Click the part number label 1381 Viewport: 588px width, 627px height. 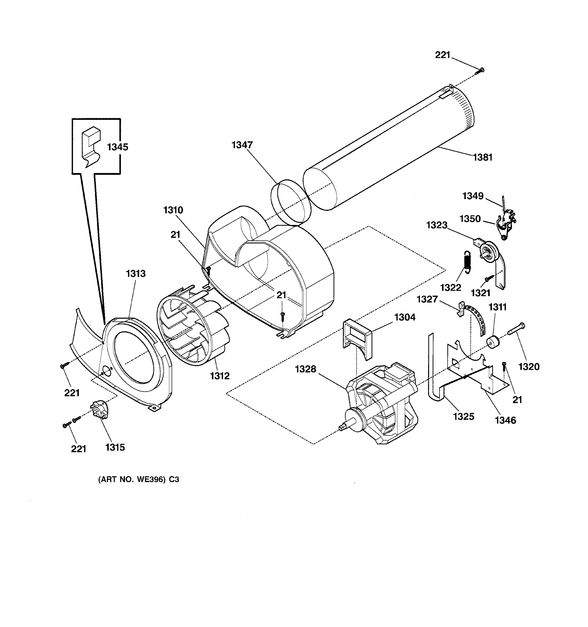click(x=483, y=157)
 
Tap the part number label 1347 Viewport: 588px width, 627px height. click(x=242, y=145)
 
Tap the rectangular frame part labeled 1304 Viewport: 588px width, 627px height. click(x=356, y=338)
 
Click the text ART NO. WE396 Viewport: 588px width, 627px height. click(x=139, y=479)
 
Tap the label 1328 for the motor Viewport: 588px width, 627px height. click(x=305, y=369)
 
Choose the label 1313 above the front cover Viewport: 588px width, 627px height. click(x=136, y=274)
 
